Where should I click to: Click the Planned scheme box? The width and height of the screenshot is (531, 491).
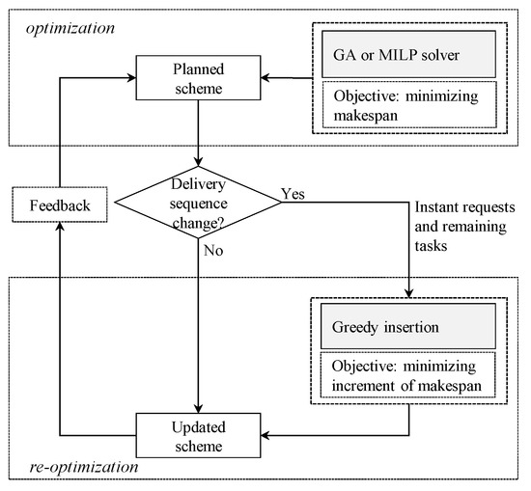[x=198, y=76]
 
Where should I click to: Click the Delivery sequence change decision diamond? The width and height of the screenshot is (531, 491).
[x=197, y=201]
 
